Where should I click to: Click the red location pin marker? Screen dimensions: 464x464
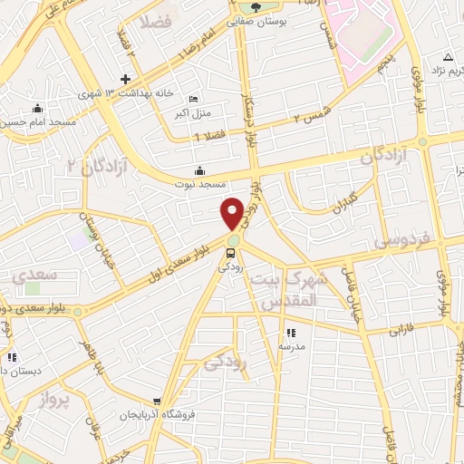point(233,213)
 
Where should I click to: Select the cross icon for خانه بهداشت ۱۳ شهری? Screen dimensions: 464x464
point(126,79)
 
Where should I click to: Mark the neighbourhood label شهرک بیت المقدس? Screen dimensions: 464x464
point(286,288)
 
